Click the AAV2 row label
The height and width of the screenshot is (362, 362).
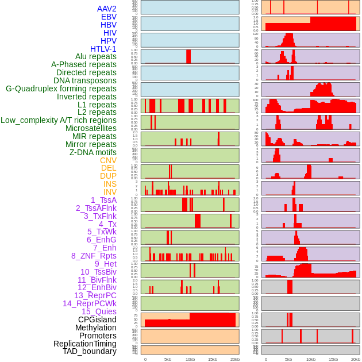pos(106,9)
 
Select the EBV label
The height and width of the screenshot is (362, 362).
pos(108,17)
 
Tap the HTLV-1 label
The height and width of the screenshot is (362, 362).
pos(103,49)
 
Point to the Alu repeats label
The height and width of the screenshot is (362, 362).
pos(95,57)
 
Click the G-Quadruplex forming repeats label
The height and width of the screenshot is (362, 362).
pos(61,88)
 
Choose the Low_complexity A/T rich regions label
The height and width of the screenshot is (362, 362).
pos(58,120)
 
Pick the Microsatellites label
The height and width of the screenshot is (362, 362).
pos(91,128)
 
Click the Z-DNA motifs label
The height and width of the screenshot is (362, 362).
pos(93,152)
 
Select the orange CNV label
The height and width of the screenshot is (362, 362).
pos(108,160)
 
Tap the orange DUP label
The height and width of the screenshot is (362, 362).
pos(108,176)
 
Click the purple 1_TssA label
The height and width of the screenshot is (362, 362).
pos(103,200)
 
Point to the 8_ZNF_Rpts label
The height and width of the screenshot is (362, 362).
pos(94,256)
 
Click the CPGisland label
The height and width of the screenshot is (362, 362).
pos(97,319)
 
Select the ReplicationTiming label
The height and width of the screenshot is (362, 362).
pos(84,344)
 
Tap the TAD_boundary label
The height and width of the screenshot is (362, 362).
pos(89,351)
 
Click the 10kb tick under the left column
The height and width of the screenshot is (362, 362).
pos(190,359)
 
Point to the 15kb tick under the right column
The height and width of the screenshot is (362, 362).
pos(333,359)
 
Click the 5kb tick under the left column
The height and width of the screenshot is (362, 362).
pos(168,359)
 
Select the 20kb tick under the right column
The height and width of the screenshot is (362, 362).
pos(355,359)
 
